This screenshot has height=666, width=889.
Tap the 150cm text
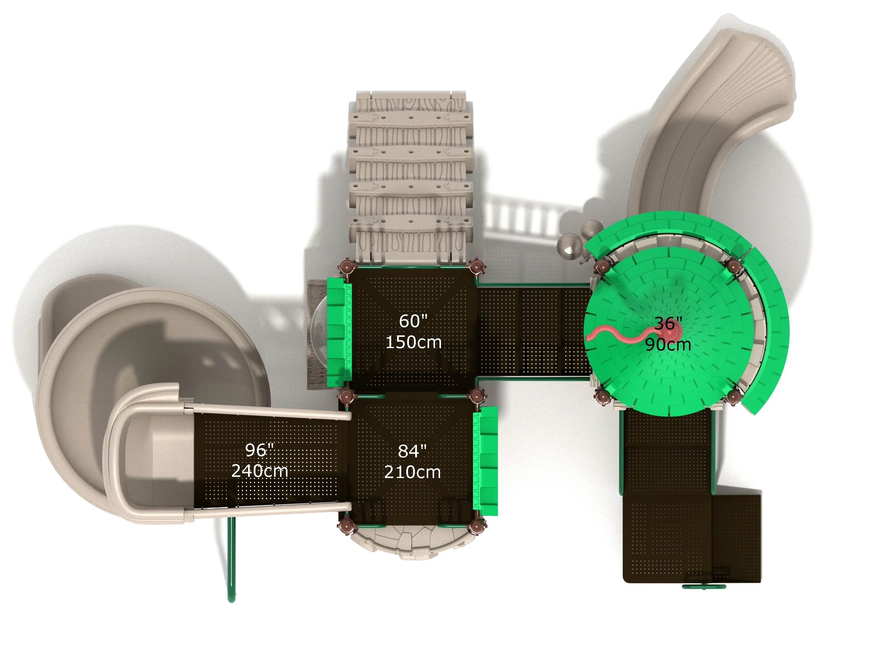[x=414, y=342]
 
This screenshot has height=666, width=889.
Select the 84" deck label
[x=412, y=451]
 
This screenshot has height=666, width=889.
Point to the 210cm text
[x=412, y=472]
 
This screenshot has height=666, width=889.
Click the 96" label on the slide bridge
[x=260, y=450]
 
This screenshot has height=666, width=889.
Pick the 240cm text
[x=260, y=471]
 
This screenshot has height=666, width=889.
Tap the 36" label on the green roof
[x=668, y=324]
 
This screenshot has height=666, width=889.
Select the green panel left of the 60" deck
[x=338, y=332]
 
